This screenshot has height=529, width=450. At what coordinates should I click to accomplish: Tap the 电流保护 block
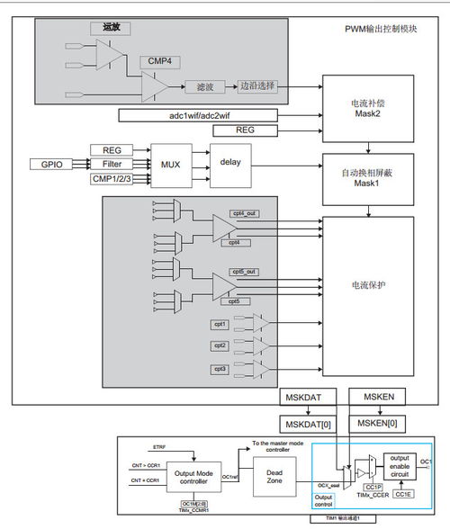point(368,285)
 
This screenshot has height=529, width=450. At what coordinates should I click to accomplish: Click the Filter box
point(112,165)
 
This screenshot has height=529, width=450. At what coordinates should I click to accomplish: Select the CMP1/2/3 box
point(112,179)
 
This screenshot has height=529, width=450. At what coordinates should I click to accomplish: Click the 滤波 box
point(203,87)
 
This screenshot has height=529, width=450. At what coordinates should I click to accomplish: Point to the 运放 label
point(112,29)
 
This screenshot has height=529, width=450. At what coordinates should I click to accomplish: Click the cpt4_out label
point(245,212)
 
